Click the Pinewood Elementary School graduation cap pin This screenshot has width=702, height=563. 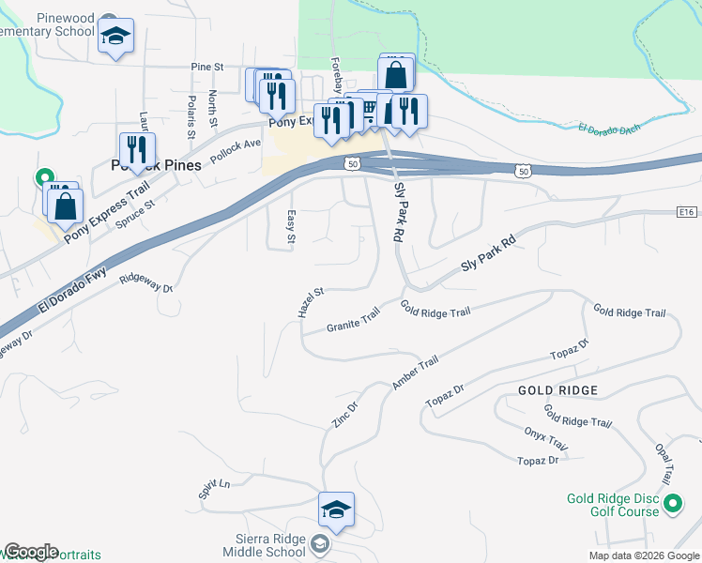115,37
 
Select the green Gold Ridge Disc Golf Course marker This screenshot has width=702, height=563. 672,506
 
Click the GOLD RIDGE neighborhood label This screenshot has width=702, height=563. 557,389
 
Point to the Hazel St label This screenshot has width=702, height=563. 311,302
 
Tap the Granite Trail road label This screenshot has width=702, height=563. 353,320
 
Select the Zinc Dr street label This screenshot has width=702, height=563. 345,416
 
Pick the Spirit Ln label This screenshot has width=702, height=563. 214,488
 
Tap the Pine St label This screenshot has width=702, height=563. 206,68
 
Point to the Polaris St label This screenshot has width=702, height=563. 191,116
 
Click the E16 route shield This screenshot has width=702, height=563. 685,213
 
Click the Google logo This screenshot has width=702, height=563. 31,552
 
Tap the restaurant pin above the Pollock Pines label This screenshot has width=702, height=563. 136,149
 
